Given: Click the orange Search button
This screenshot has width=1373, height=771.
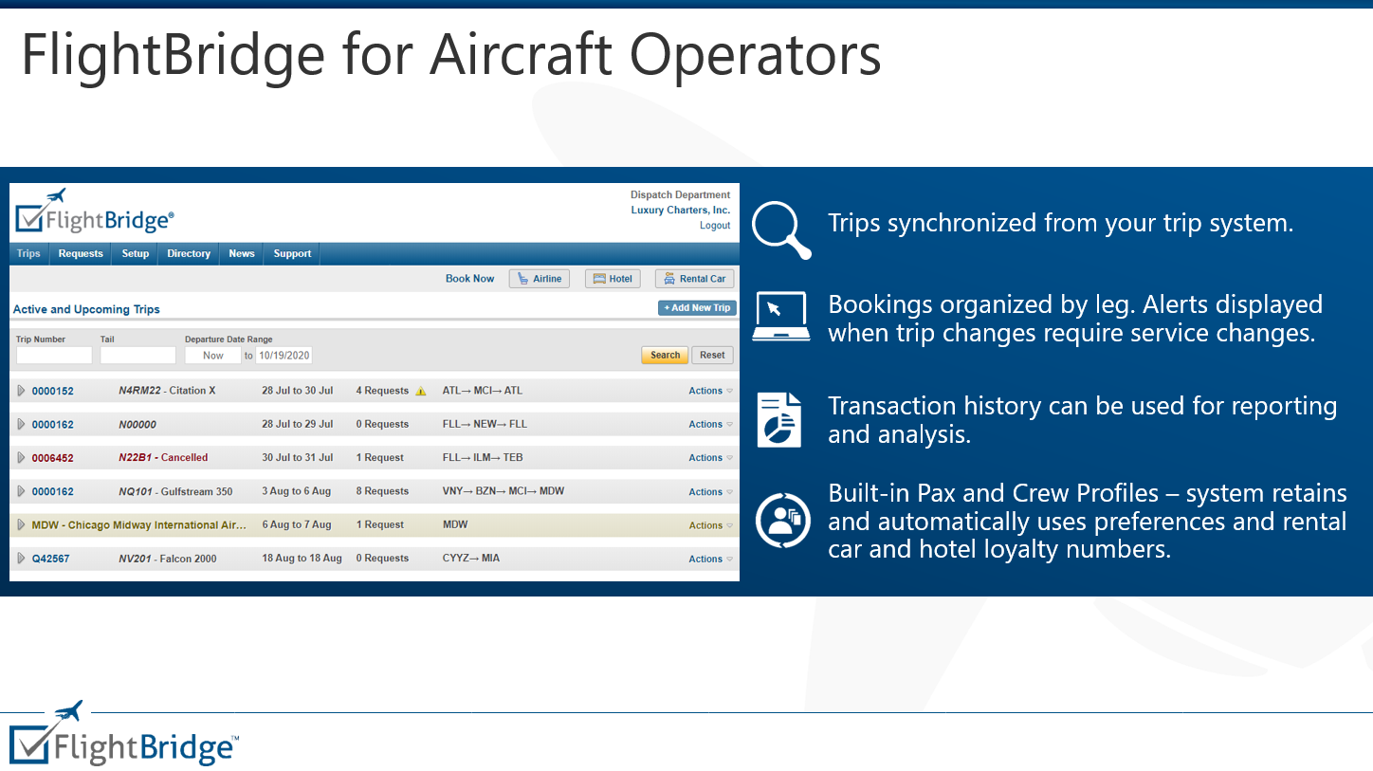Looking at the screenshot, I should [665, 356].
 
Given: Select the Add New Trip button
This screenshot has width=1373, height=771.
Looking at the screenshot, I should [697, 308].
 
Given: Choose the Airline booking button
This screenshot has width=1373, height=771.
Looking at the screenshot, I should [540, 279].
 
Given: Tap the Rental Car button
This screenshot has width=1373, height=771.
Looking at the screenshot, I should [694, 279].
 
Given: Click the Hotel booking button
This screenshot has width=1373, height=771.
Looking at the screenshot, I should [613, 279].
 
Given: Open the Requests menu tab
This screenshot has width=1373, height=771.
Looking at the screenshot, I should [81, 254].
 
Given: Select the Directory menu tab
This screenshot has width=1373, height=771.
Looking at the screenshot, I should [189, 254].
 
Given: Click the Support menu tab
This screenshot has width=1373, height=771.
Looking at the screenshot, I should [292, 254].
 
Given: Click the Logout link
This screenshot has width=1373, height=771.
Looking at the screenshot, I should [715, 226].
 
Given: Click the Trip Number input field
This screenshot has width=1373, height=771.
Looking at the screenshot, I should [54, 356].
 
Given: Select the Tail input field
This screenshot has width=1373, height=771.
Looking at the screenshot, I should [138, 356].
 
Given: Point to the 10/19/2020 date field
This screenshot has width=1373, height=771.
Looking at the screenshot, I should [284, 356].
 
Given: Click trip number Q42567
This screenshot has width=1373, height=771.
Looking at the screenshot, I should [50, 560].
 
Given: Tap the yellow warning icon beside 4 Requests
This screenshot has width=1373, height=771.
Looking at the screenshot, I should [421, 391].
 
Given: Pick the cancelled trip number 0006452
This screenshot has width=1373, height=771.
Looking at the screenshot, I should [52, 458].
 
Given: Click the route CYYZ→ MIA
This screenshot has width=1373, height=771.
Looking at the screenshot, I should [470, 559].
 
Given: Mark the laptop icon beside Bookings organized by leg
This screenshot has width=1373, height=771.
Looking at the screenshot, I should [780, 316].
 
